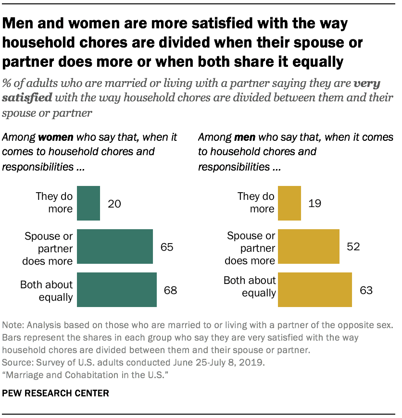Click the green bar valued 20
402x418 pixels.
click(88, 203)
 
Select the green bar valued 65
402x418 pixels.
click(114, 246)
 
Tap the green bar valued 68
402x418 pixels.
click(116, 290)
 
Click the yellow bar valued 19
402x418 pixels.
click(289, 203)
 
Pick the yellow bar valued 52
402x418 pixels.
click(309, 246)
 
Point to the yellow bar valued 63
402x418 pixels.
click(315, 290)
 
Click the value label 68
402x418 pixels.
click(170, 290)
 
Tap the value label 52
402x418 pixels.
click(353, 247)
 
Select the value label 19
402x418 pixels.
click(314, 203)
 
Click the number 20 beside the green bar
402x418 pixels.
click(113, 203)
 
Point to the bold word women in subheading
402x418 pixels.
click(56, 137)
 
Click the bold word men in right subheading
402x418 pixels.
click(244, 137)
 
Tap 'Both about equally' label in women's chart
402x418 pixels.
click(47, 291)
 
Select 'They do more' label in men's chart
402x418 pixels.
click(256, 203)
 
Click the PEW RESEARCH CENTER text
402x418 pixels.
click(56, 393)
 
